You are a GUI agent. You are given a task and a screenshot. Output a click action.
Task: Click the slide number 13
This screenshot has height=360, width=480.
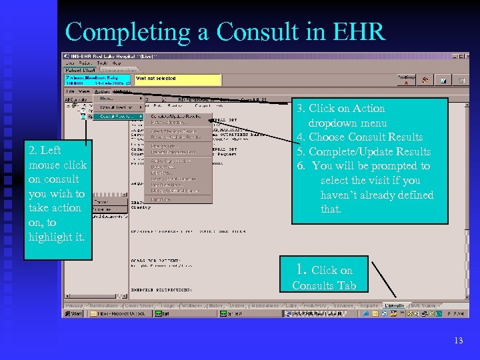click(x=458, y=341)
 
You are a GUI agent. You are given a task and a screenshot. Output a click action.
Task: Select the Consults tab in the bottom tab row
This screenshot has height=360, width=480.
click(x=394, y=305)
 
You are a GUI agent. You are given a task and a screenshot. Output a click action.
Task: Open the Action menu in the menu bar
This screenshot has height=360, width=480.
click(x=102, y=91)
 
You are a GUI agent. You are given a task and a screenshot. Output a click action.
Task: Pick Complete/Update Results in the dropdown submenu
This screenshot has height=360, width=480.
click(x=175, y=115)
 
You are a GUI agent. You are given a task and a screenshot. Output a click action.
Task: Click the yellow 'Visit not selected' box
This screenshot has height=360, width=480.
click(x=177, y=79)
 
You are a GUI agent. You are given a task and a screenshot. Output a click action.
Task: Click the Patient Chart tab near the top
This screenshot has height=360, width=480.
click(x=81, y=69)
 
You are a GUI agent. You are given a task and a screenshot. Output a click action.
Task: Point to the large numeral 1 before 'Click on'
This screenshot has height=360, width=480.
click(x=301, y=269)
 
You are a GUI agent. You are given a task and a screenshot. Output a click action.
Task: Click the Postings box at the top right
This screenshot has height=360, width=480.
click(x=406, y=79)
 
